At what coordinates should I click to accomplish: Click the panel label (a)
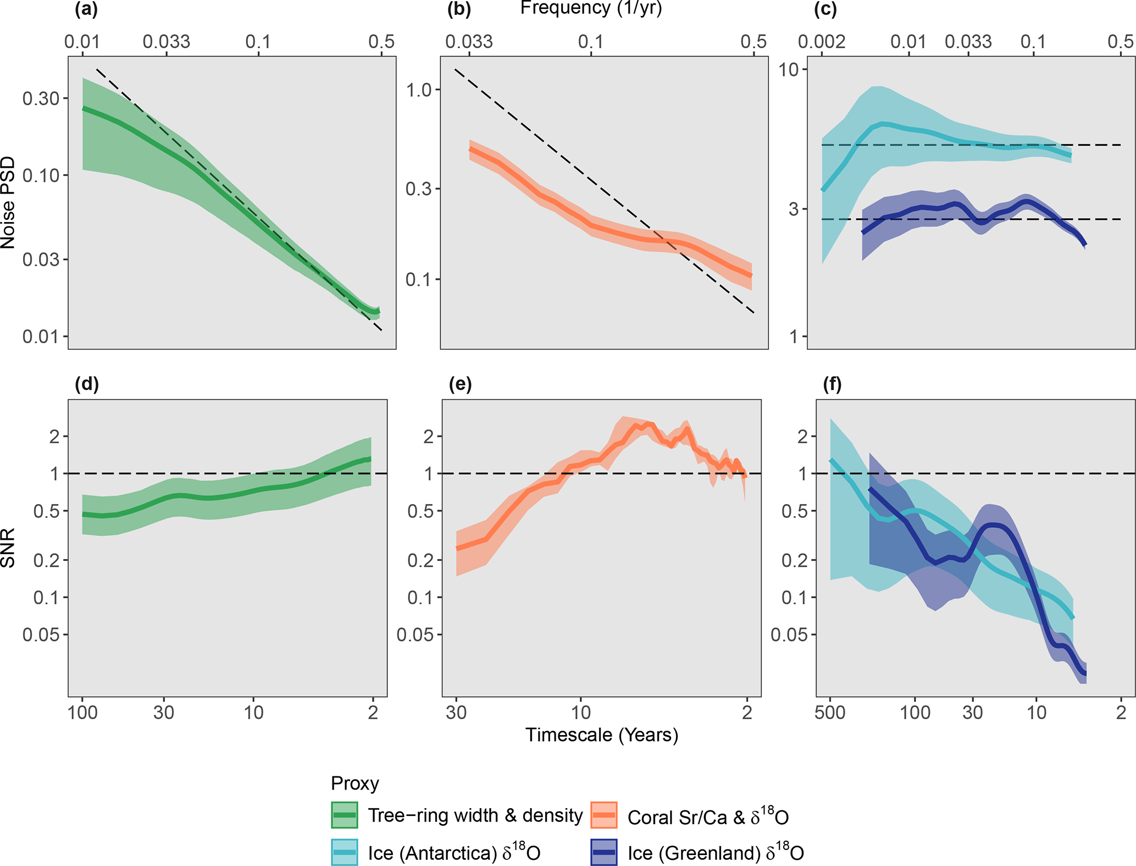tap(86, 10)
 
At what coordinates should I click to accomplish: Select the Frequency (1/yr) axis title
tap(591, 9)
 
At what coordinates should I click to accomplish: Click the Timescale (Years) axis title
tap(602, 735)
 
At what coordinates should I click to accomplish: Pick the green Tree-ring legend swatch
tap(345, 815)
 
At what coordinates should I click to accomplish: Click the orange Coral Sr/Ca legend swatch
tap(604, 815)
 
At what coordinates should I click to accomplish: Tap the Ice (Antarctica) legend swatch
tap(345, 852)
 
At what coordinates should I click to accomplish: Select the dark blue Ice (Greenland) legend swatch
tap(604, 852)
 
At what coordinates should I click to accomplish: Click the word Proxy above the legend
tap(355, 783)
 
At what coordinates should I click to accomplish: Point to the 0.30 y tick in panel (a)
tap(41, 98)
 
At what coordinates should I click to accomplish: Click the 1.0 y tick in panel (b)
tap(420, 90)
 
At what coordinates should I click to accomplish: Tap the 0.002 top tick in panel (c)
tap(823, 42)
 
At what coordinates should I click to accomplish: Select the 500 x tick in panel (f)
tap(830, 713)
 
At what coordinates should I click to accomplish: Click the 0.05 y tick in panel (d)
tap(41, 635)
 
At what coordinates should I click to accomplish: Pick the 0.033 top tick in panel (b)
tap(469, 42)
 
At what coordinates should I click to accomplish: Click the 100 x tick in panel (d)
tap(82, 713)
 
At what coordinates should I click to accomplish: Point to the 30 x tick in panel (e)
tap(456, 713)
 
